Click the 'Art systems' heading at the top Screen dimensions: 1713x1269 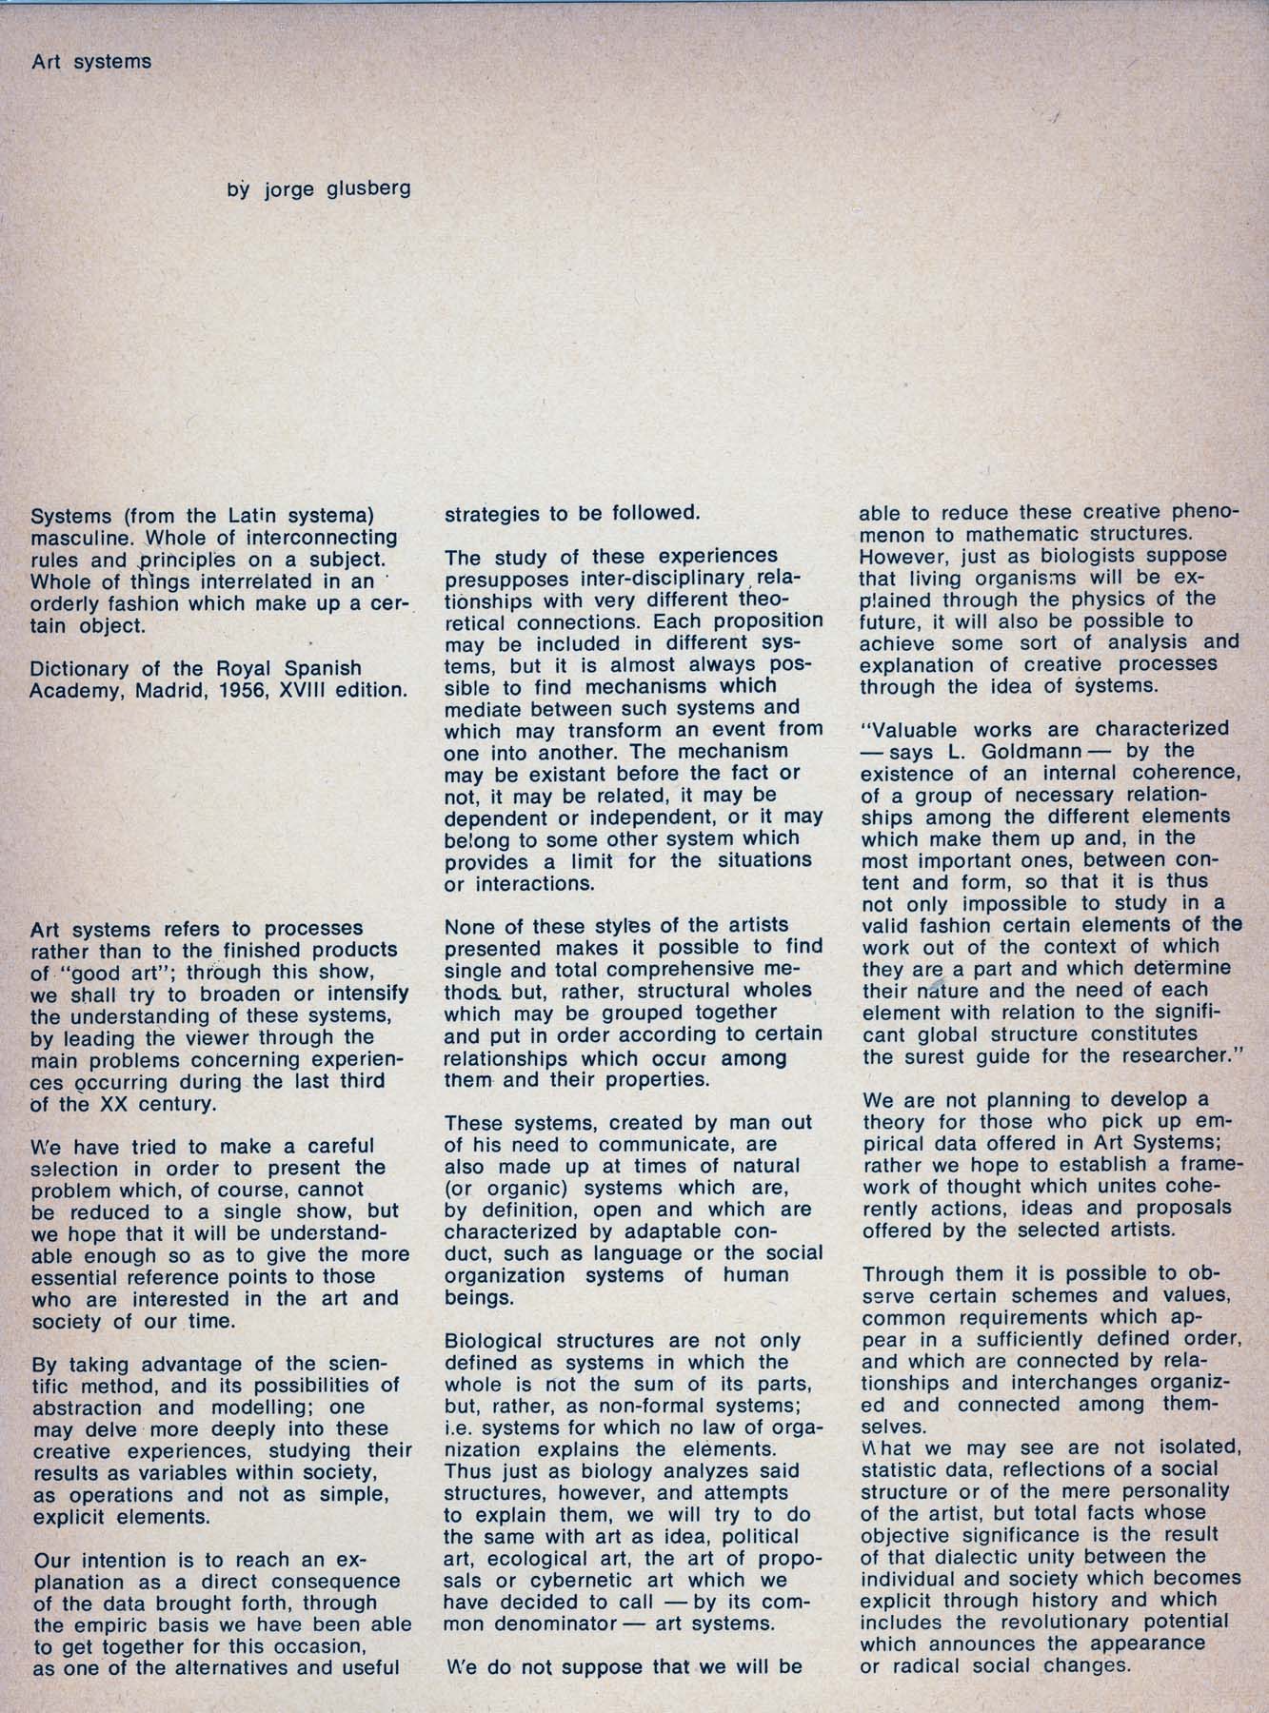pyautogui.click(x=91, y=63)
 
